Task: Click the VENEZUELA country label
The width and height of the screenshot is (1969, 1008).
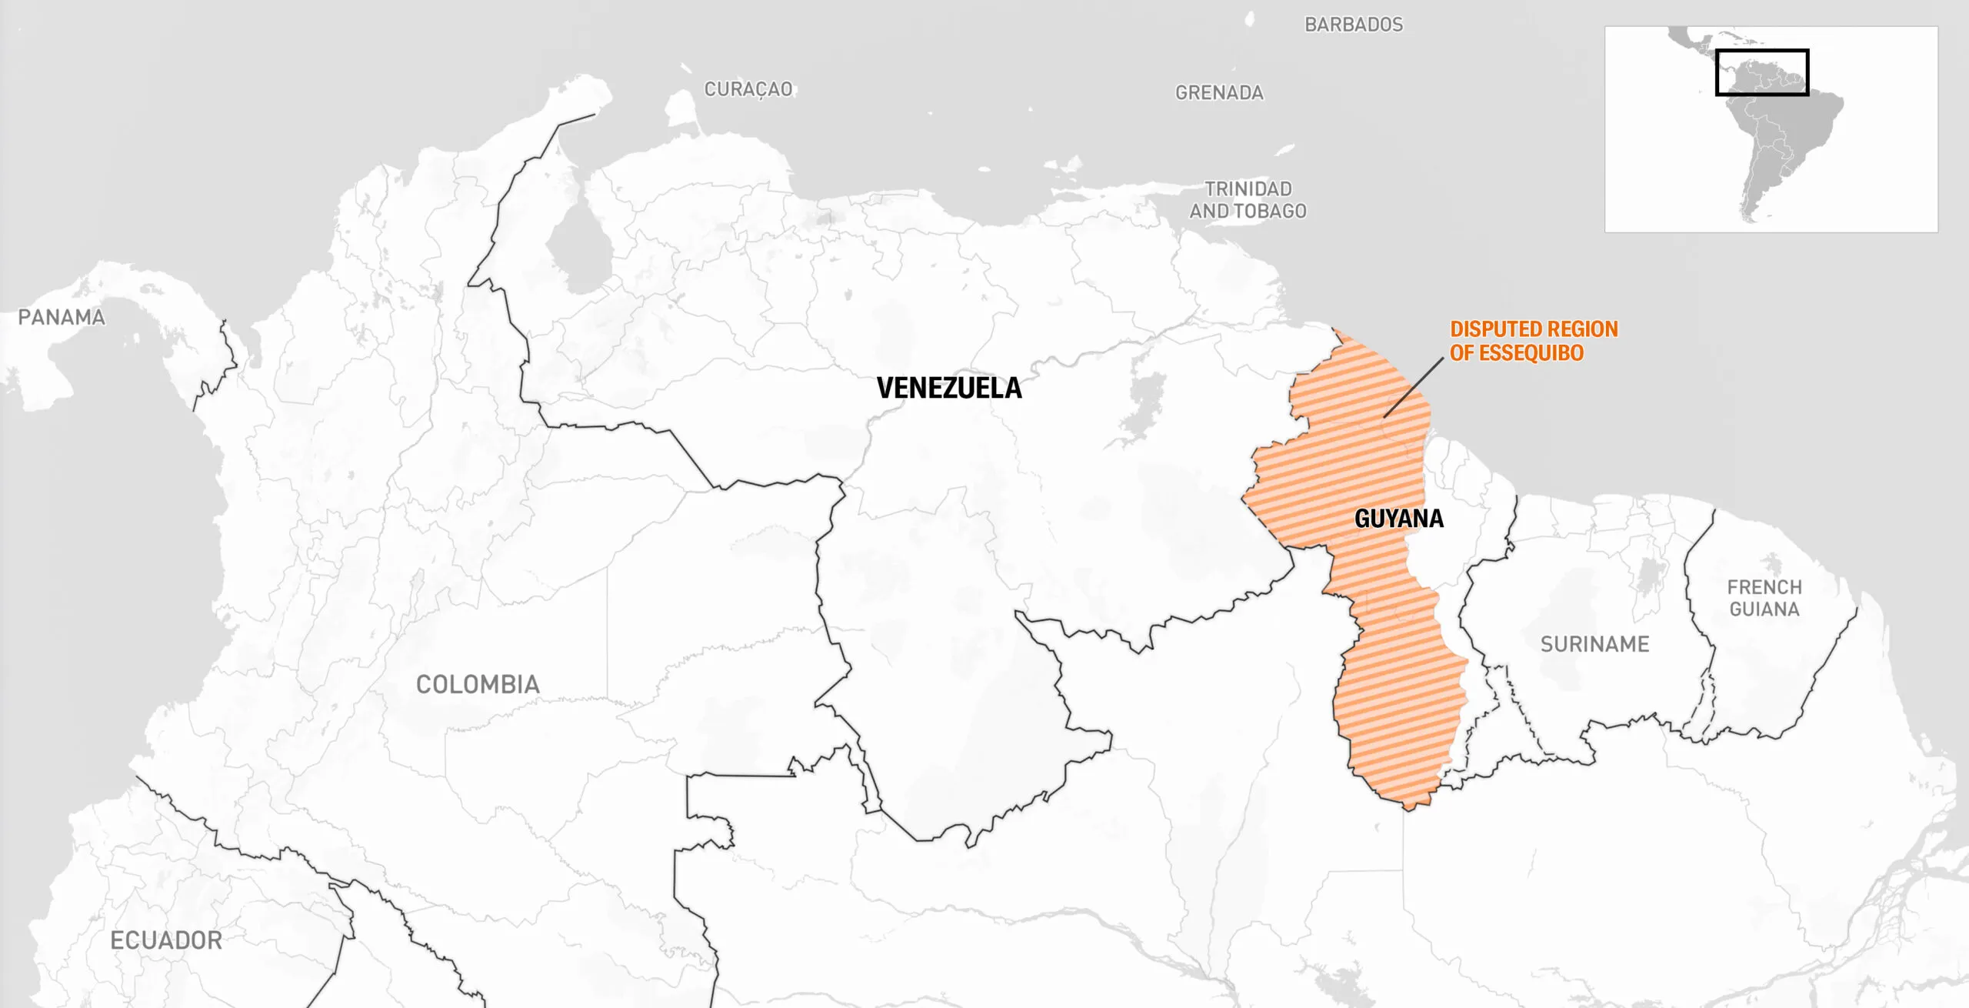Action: pyautogui.click(x=949, y=388)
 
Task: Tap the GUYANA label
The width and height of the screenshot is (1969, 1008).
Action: pyautogui.click(x=1398, y=519)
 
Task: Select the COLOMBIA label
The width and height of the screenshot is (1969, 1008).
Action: pyautogui.click(x=478, y=684)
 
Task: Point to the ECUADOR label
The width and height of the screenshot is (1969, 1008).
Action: pyautogui.click(x=166, y=940)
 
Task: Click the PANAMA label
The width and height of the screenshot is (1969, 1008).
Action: pyautogui.click(x=62, y=317)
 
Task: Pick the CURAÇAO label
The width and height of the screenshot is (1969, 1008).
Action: pyautogui.click(x=748, y=89)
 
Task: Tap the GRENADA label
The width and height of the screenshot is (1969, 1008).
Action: pyautogui.click(x=1219, y=93)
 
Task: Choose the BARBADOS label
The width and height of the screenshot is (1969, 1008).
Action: pyautogui.click(x=1354, y=25)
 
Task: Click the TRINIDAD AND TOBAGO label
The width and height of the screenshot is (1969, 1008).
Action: pyautogui.click(x=1248, y=199)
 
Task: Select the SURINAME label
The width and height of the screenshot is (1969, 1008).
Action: pyautogui.click(x=1594, y=644)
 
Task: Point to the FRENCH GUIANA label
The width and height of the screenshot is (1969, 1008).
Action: pyautogui.click(x=1764, y=598)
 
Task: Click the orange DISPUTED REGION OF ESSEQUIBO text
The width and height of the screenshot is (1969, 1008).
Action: pyautogui.click(x=1534, y=341)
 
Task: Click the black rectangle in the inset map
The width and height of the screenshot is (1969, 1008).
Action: pyautogui.click(x=1761, y=51)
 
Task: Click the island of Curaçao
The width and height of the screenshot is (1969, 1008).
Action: pyautogui.click(x=680, y=108)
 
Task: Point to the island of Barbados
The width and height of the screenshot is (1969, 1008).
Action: pyautogui.click(x=1250, y=19)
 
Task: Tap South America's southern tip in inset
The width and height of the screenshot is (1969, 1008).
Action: pyautogui.click(x=1751, y=220)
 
